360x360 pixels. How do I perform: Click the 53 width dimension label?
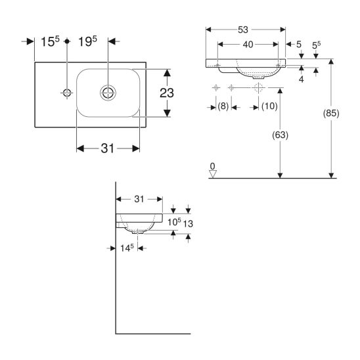243,30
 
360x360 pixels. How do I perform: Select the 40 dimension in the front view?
248,45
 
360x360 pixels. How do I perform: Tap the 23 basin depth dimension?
167,93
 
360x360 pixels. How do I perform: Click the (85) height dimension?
331,113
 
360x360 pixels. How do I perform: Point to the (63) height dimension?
280,135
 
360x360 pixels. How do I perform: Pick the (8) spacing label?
223,106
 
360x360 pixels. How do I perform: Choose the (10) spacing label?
269,106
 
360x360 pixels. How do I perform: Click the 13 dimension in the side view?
188,223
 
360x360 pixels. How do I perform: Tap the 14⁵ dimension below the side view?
127,248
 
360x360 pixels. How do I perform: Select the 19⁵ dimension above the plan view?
87,41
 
